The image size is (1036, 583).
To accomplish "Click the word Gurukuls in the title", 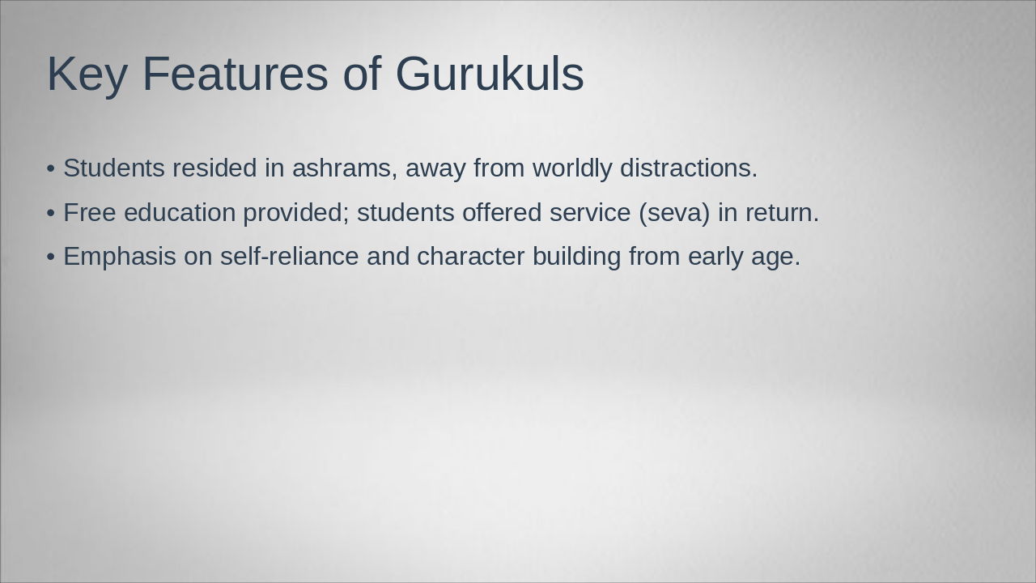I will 489,74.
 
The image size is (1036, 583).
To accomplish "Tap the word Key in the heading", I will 87,74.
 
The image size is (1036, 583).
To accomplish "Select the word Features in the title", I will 235,74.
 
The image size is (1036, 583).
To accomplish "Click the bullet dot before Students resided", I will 51,169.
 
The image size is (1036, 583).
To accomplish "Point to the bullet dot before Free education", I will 51,213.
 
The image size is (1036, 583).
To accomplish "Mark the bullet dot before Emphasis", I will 51,257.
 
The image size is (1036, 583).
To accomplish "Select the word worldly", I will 571,168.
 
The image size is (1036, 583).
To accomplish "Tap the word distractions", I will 688,168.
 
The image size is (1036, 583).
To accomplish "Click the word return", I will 782,213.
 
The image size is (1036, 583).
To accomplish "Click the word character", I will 470,257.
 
